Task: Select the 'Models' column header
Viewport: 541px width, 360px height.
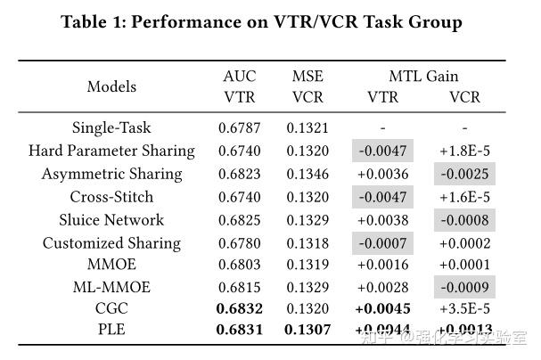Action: click(111, 86)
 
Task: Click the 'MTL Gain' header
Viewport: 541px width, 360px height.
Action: click(423, 77)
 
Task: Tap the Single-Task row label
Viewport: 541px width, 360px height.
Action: click(111, 127)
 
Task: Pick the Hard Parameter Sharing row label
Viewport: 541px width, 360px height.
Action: click(111, 151)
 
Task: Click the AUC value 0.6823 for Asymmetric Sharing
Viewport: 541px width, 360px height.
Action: click(240, 174)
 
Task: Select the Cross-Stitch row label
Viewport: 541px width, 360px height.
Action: click(111, 197)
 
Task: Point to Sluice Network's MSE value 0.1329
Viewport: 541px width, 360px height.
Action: click(307, 220)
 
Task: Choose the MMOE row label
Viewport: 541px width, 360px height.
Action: click(111, 265)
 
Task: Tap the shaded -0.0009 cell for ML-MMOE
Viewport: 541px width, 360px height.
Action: click(464, 287)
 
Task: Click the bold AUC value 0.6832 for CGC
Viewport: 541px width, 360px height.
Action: click(240, 309)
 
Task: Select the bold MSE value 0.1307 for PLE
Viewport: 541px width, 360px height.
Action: click(307, 331)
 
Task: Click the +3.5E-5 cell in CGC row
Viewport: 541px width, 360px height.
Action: click(464, 309)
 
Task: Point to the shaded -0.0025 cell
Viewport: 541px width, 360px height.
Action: click(464, 174)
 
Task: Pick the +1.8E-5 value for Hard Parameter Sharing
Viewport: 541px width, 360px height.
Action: click(464, 151)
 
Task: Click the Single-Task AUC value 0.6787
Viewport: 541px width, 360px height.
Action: click(240, 127)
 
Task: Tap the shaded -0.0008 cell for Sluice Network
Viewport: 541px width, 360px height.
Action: click(464, 220)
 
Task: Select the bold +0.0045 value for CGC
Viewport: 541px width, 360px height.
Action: click(382, 309)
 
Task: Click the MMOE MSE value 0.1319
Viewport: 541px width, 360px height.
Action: click(307, 265)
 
